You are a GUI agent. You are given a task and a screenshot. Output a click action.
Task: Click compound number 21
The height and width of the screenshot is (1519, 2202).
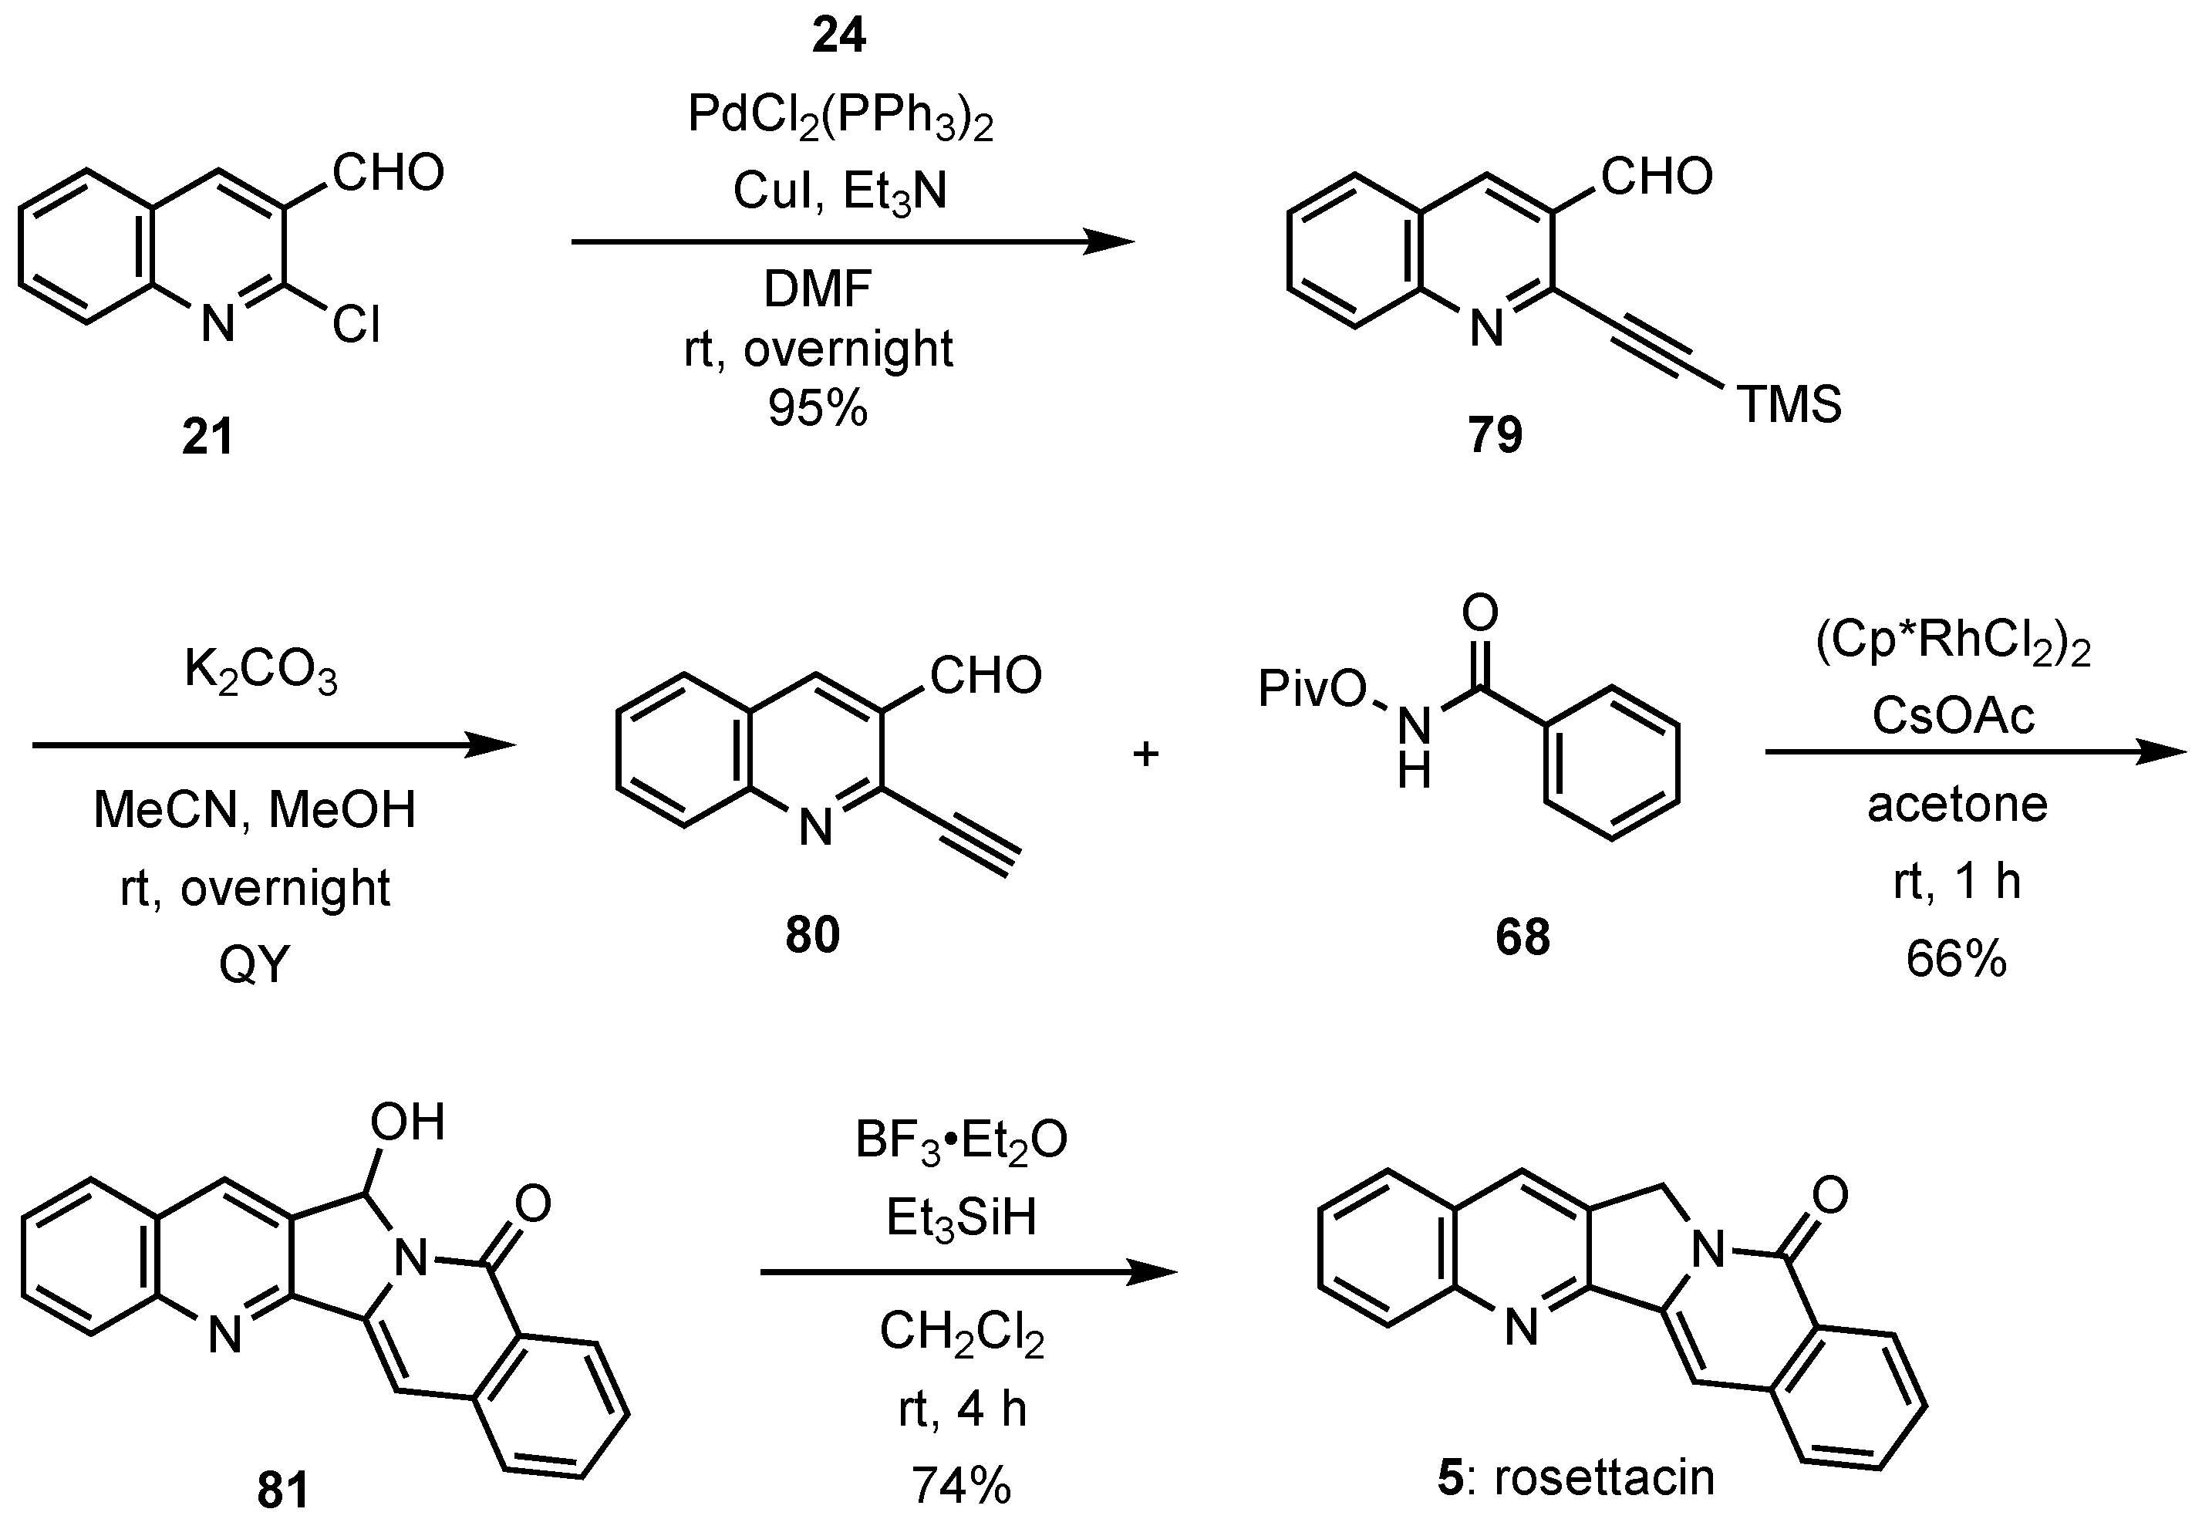(x=207, y=437)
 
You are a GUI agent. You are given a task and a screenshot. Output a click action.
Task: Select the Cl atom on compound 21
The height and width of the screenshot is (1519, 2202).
(x=357, y=326)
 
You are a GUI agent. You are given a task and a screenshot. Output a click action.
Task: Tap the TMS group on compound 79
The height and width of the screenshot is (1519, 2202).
(x=1789, y=403)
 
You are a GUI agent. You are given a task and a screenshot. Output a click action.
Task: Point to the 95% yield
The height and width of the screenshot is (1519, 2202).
(x=818, y=408)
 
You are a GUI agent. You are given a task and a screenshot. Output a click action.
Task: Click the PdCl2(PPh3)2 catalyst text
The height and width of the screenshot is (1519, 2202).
(x=840, y=119)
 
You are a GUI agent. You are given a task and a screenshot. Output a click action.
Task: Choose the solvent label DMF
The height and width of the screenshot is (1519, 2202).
(x=818, y=289)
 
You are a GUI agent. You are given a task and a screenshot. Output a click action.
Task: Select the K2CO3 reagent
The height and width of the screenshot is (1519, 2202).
(x=261, y=671)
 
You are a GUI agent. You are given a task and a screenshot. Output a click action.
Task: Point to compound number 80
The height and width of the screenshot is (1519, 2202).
(x=813, y=935)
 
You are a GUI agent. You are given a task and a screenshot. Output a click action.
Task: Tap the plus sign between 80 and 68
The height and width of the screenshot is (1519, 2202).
(x=1145, y=754)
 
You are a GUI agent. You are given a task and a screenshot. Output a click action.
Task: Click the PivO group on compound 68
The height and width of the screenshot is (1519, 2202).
(x=1312, y=688)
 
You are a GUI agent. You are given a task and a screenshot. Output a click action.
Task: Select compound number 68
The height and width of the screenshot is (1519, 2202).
(x=1523, y=937)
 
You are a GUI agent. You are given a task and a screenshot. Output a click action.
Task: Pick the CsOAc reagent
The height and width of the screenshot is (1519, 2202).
(x=1954, y=716)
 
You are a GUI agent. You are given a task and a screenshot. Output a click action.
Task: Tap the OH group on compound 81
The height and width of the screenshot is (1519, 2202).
(x=407, y=1122)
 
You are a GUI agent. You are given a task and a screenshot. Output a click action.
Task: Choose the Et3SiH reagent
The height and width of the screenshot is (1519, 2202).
(x=961, y=1218)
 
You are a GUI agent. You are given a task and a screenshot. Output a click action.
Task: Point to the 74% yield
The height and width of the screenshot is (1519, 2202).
(x=961, y=1485)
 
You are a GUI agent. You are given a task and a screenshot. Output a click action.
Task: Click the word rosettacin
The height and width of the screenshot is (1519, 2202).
(x=1603, y=1478)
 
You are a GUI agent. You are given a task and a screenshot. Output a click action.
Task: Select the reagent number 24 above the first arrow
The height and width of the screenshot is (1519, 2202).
(x=839, y=35)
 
